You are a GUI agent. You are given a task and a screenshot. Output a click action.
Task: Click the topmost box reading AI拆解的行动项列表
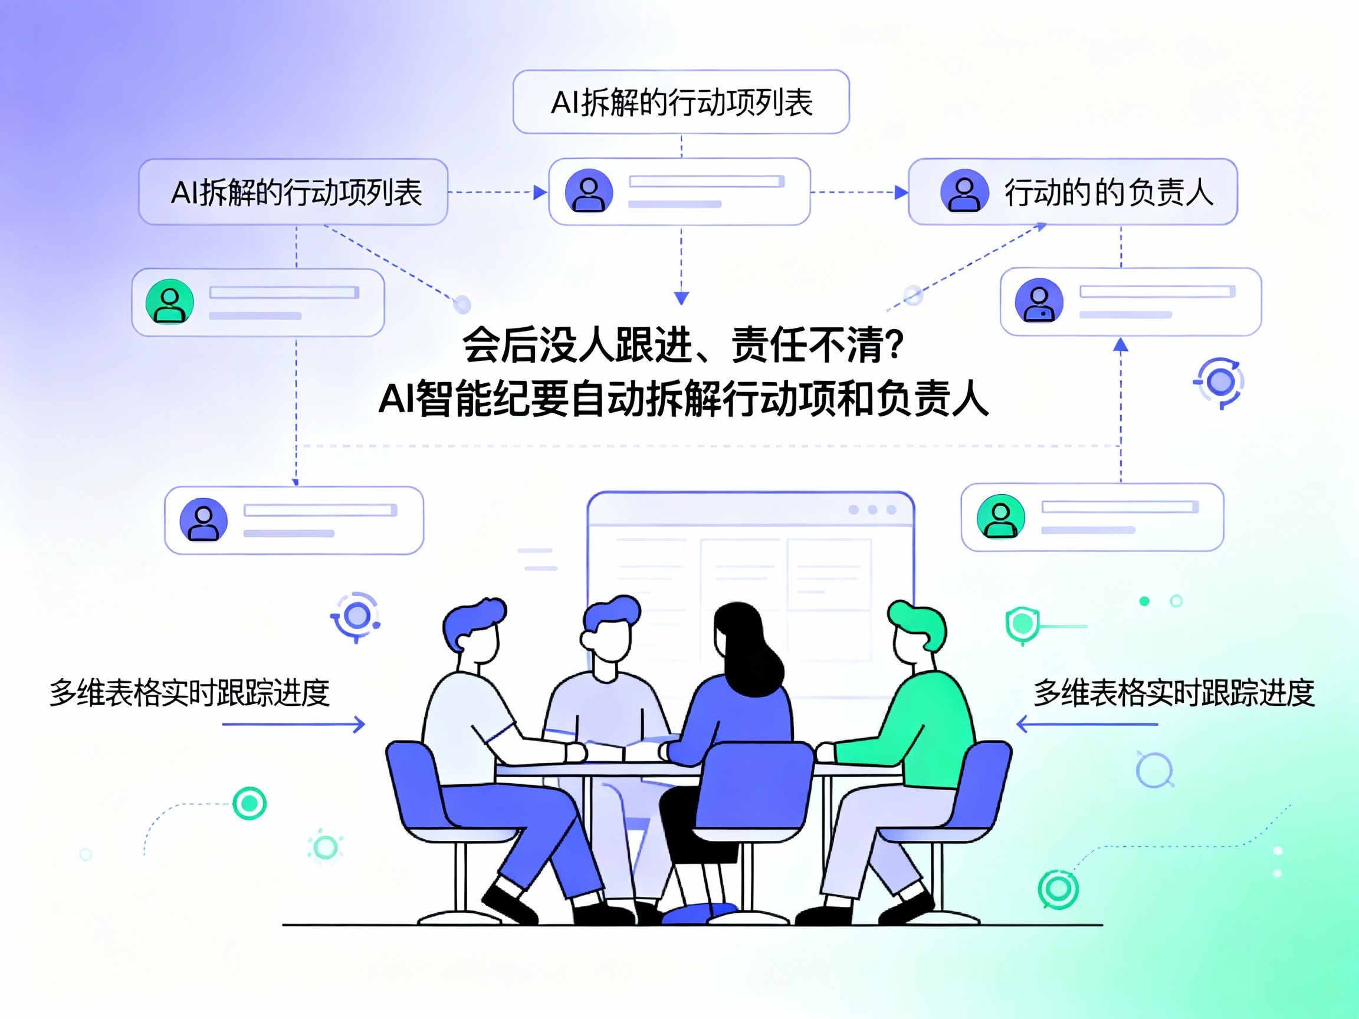coord(681,102)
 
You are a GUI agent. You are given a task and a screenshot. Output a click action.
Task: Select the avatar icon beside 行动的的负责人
coord(964,191)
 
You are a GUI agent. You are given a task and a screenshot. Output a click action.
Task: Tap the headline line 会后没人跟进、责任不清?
coord(682,344)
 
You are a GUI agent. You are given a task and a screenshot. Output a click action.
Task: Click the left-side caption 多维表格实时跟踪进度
coord(189,692)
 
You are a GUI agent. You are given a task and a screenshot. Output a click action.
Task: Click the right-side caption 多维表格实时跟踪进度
coord(1174,692)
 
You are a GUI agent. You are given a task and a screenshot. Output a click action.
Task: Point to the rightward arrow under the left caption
coord(294,724)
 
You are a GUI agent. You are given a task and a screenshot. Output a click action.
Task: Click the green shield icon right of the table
coord(1022,625)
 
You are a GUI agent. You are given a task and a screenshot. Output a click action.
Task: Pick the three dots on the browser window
coord(872,510)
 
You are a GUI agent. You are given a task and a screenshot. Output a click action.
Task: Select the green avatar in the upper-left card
coord(169,301)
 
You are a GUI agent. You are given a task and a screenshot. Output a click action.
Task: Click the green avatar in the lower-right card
coord(1001,517)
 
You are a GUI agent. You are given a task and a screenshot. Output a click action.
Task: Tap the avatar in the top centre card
coord(589,191)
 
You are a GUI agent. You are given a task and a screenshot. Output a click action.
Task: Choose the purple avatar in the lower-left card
coord(203,520)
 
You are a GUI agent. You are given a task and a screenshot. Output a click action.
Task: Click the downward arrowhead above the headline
coord(681,298)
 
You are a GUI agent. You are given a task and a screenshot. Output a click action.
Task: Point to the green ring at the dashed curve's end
coord(250,803)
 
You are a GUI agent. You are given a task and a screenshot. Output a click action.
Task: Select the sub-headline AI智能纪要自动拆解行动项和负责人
coord(683,399)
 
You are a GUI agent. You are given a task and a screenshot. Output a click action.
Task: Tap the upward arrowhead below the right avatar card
coord(1121,344)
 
